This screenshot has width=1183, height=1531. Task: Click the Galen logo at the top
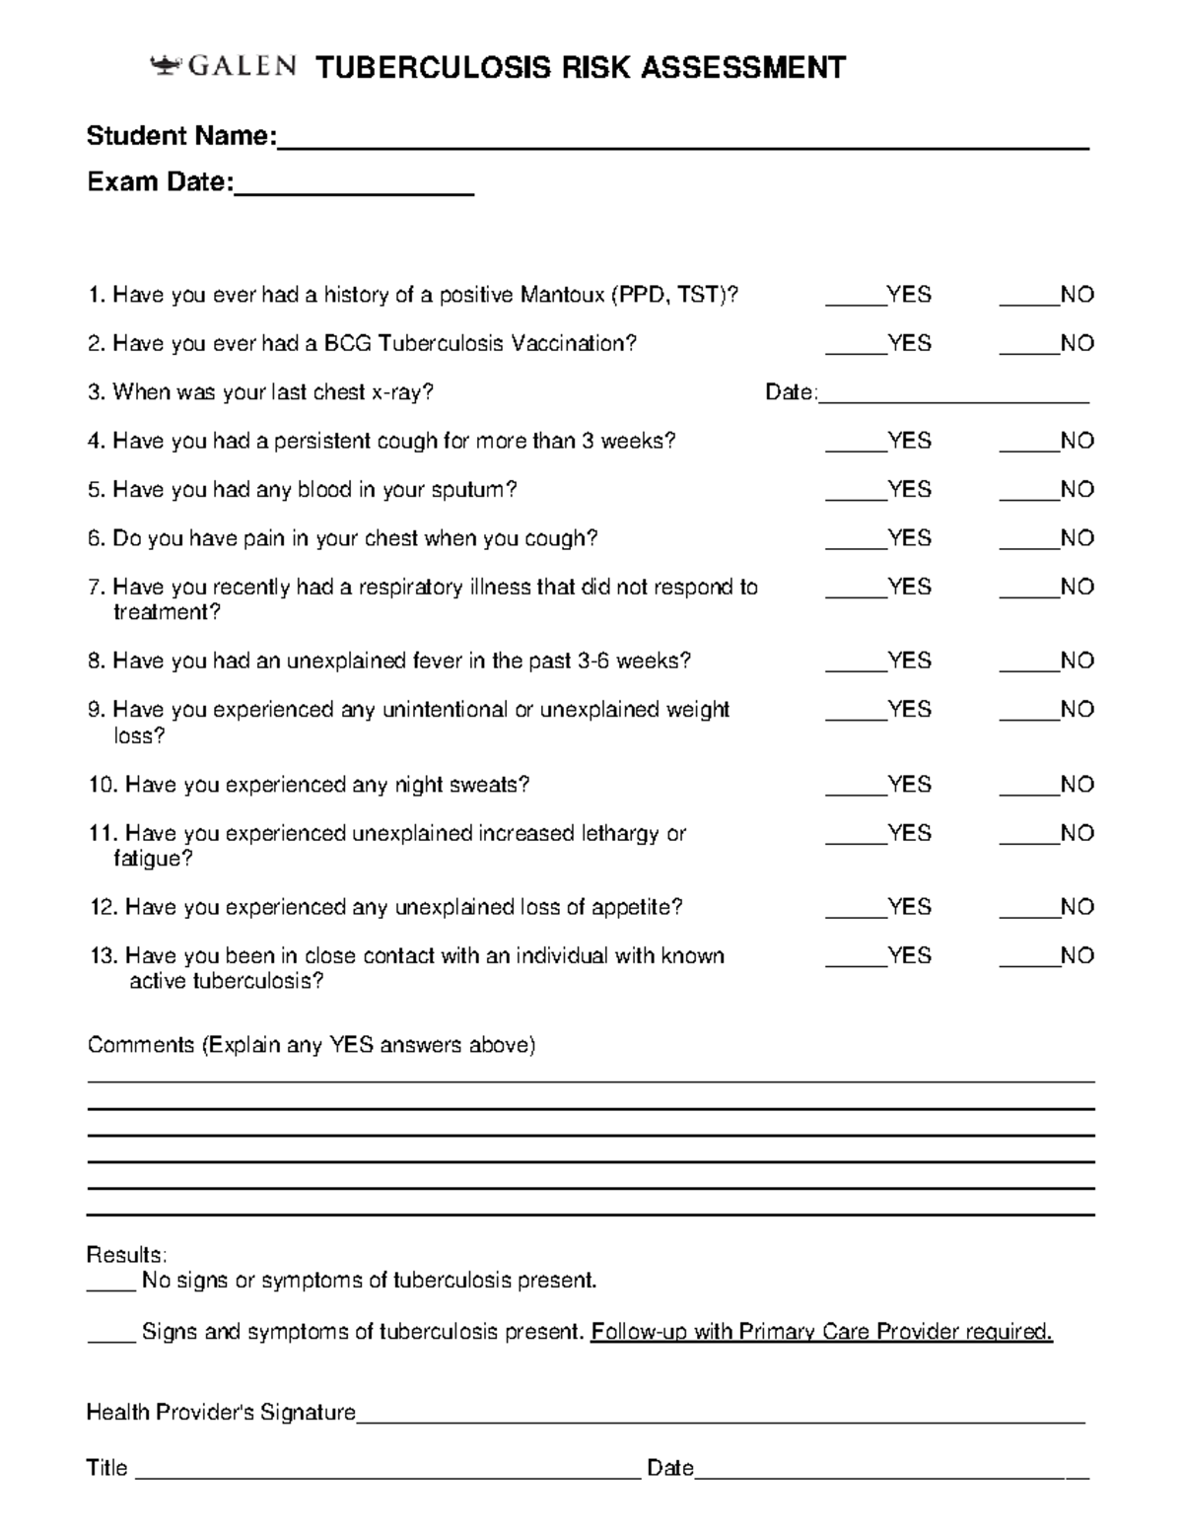coord(223,67)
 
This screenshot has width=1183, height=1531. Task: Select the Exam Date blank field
coord(354,184)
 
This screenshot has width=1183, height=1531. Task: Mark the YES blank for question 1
coord(855,297)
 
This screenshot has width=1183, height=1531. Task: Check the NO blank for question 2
coord(1028,345)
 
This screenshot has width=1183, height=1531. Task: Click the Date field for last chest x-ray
coord(953,394)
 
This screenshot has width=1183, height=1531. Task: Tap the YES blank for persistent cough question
coord(855,443)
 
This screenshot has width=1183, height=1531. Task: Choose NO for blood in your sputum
coord(1028,491)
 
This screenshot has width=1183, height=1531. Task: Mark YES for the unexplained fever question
coord(855,662)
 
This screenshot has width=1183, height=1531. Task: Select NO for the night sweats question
coord(1028,787)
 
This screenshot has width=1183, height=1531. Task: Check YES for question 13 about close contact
coord(855,957)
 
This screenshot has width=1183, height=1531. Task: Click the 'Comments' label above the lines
coord(141,1045)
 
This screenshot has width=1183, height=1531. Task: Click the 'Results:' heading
coord(126,1255)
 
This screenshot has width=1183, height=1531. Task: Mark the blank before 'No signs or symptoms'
coord(110,1283)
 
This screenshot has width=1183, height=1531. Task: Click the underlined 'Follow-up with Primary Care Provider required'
coord(821,1332)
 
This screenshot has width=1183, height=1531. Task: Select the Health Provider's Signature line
coord(720,1416)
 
